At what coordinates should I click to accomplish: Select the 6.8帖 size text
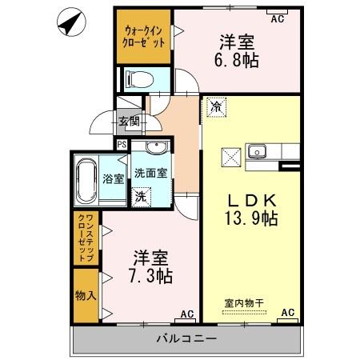238,60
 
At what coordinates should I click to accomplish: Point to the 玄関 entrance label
130,122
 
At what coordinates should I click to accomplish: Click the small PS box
122,145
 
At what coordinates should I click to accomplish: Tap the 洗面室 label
150,173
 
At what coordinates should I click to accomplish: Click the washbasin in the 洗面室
154,147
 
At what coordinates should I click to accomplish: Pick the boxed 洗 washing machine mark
141,196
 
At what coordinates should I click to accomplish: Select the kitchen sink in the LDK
259,150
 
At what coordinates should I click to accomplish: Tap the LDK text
250,199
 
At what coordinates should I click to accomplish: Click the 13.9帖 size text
250,217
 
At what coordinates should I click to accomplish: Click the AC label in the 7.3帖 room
186,313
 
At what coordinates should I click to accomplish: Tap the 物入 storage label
86,294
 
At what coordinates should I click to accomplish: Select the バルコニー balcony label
186,339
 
